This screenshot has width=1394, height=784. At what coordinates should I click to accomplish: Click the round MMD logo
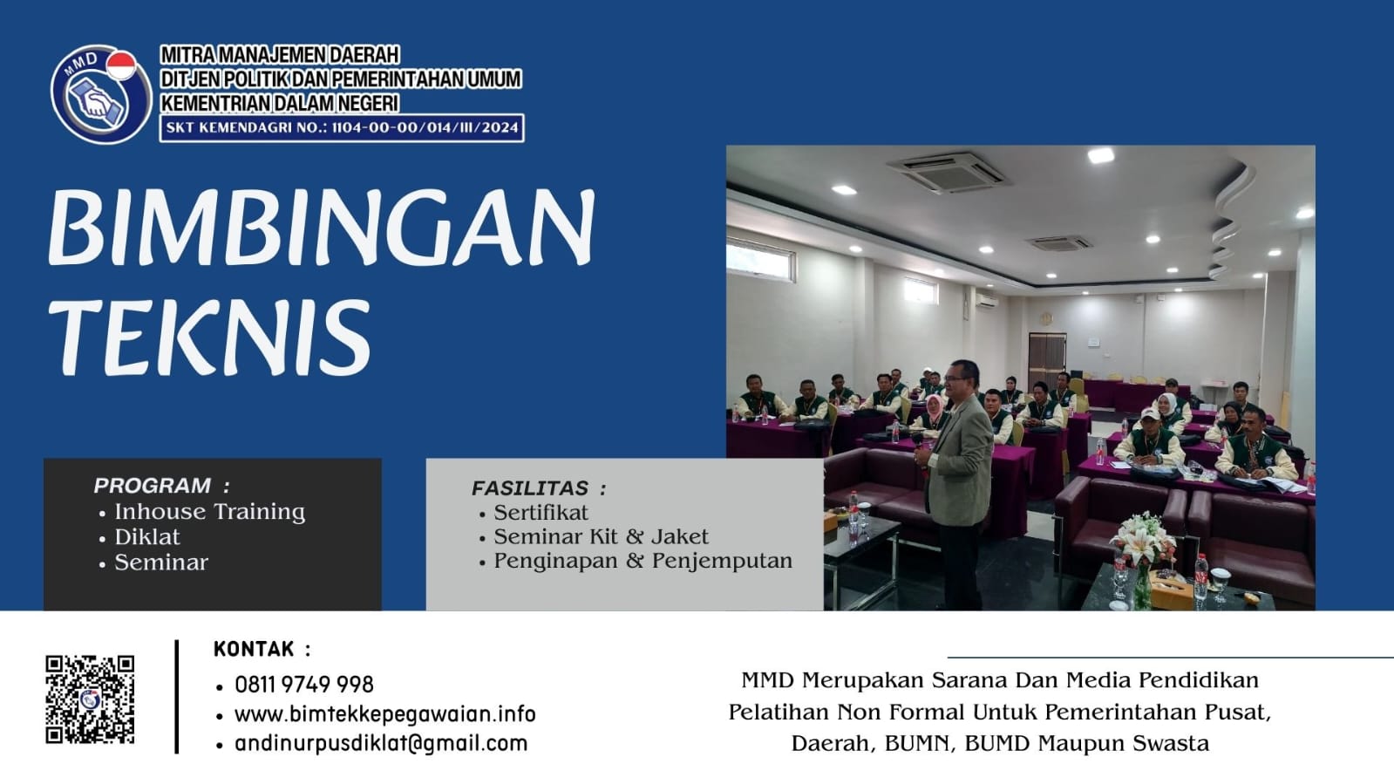pos(99,94)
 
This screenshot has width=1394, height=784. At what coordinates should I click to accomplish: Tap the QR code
pos(90,699)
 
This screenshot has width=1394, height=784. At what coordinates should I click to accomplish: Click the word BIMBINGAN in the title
pos(321,227)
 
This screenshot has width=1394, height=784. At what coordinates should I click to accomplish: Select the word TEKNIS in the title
pos(210,337)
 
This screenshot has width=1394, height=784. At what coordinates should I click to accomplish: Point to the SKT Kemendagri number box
pos(341,127)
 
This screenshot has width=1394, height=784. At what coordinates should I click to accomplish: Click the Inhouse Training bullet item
pos(209,512)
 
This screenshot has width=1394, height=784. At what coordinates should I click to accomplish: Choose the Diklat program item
pos(147,537)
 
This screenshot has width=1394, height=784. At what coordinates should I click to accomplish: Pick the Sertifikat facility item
pos(541,513)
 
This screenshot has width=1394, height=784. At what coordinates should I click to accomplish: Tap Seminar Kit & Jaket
pos(601,537)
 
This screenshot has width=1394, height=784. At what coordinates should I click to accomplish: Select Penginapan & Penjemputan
pos(643,561)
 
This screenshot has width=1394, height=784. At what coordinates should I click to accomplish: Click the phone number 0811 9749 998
pos(303,685)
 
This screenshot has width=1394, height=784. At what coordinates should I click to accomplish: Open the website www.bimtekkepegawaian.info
pos(384,714)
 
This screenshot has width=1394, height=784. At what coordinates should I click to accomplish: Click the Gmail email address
pos(381,744)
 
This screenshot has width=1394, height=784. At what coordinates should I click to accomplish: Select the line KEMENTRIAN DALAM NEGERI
pos(279,103)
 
